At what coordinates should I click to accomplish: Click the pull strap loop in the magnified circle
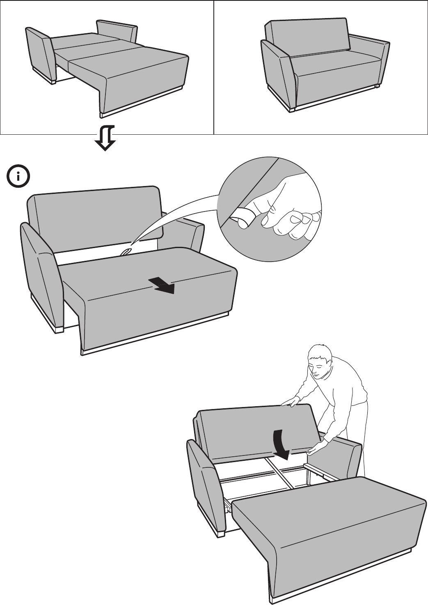point(242,216)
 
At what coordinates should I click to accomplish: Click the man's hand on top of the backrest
point(291,402)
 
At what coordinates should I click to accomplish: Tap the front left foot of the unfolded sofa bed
point(53,81)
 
